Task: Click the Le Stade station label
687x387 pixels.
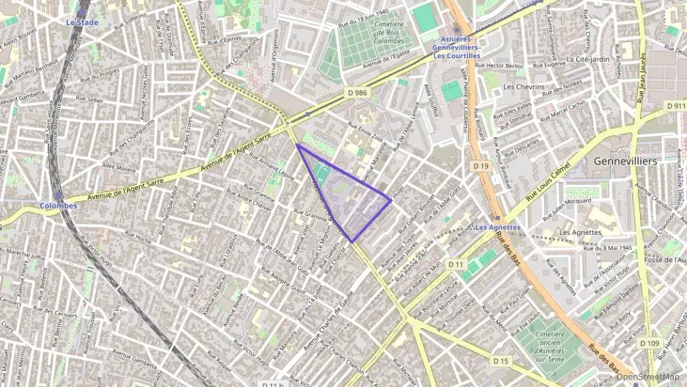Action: pyautogui.click(x=81, y=23)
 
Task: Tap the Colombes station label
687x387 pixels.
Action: pyautogui.click(x=58, y=206)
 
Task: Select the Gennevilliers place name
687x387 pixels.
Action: pyautogui.click(x=625, y=160)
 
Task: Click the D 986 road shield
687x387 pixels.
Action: pyautogui.click(x=357, y=93)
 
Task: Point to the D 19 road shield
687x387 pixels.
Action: pyautogui.click(x=481, y=167)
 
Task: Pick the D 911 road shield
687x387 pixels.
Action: pyautogui.click(x=676, y=106)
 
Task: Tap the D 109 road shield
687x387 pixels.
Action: pyautogui.click(x=650, y=343)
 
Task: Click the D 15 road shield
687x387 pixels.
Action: pyautogui.click(x=501, y=361)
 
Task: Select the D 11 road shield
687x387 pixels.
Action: pyautogui.click(x=457, y=264)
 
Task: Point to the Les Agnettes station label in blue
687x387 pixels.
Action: pyautogui.click(x=498, y=228)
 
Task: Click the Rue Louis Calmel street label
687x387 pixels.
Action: pyautogui.click(x=548, y=184)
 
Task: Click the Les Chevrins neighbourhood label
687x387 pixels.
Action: pyautogui.click(x=524, y=87)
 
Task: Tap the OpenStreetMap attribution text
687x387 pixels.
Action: pyautogui.click(x=648, y=377)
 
